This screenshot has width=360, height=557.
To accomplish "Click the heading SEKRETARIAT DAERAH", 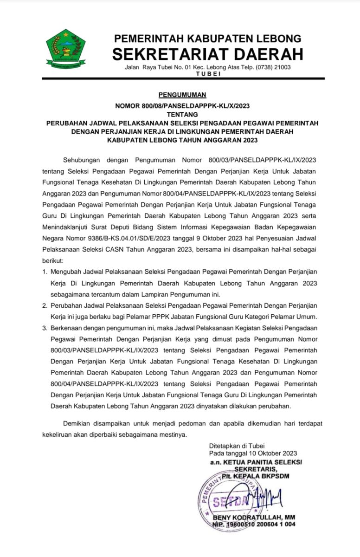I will (208, 54).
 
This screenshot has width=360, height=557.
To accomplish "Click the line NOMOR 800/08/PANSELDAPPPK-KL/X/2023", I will (182, 106).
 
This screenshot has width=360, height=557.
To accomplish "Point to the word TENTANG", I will (182, 114).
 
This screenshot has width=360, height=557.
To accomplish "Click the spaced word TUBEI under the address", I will (209, 74).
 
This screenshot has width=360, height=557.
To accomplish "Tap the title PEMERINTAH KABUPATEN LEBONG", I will (208, 38).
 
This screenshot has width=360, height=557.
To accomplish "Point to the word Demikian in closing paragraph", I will (77, 424).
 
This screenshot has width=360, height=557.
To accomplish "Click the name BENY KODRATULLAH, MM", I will (254, 518).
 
